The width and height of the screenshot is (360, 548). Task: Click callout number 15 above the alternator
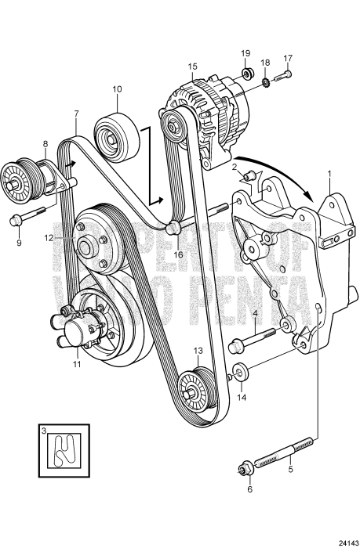(x=193, y=68)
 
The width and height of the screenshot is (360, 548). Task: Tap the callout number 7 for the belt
(x=75, y=114)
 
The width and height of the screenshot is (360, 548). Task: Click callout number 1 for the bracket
(x=329, y=173)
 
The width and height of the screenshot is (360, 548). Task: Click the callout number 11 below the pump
(x=75, y=365)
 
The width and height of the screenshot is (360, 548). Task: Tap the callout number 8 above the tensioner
(x=45, y=144)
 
